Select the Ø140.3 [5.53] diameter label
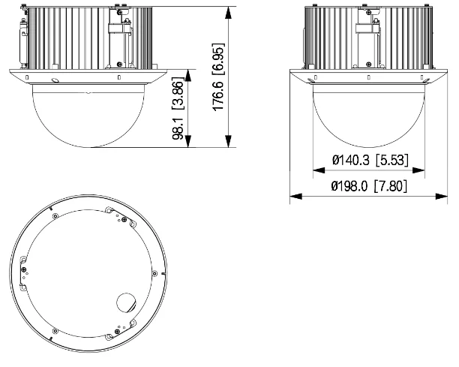click(x=368, y=160)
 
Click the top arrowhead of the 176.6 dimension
click(x=228, y=11)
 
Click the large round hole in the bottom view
click(x=124, y=302)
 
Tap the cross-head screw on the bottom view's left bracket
click(x=25, y=270)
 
